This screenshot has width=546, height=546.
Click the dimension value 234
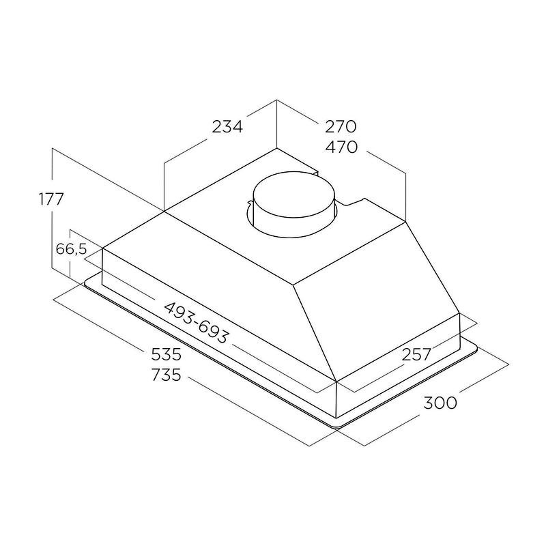(x=227, y=126)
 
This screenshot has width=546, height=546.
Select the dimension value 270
(x=341, y=126)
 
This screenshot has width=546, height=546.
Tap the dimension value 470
(x=341, y=147)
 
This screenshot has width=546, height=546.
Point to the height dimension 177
(x=51, y=199)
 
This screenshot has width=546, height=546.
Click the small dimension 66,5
(x=71, y=249)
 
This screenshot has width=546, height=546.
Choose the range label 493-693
(x=197, y=322)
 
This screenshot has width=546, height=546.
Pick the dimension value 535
(x=167, y=354)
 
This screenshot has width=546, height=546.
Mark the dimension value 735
(x=167, y=375)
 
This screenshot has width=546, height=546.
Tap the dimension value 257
(x=416, y=354)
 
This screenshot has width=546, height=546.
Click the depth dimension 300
(x=440, y=403)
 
